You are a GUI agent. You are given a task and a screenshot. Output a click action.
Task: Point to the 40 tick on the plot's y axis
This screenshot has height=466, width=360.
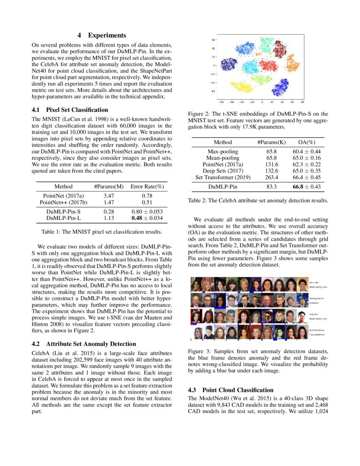pyautogui.click(x=214, y=48)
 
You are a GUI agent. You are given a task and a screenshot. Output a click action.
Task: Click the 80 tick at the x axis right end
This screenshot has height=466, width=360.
pyautogui.click(x=302, y=102)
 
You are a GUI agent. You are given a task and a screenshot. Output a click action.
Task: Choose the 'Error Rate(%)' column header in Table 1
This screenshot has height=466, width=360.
pyautogui.click(x=147, y=186)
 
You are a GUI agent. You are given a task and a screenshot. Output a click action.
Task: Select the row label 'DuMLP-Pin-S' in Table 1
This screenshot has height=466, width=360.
pyautogui.click(x=64, y=211)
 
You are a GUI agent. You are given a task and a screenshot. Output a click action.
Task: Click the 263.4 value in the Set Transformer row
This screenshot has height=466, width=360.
pyautogui.click(x=271, y=177)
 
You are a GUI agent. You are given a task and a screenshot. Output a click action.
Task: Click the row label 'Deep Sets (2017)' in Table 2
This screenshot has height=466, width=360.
pyautogui.click(x=223, y=171)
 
